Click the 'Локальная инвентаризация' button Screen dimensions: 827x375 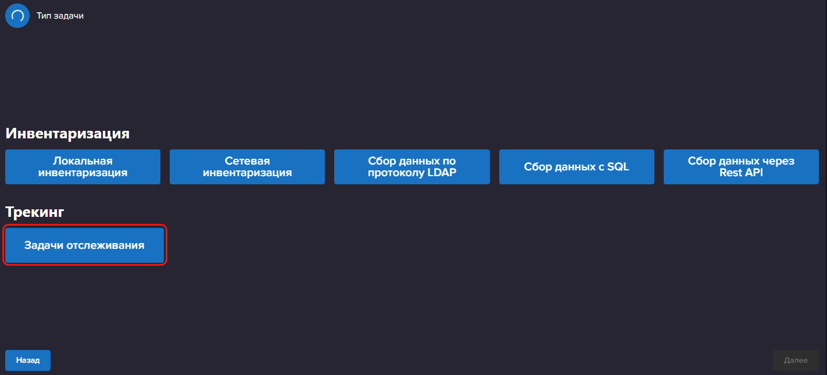[x=83, y=167]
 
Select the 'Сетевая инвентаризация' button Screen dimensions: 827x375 [x=248, y=167]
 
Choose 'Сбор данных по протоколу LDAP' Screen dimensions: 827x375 [x=412, y=167]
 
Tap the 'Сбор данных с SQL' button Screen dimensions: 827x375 [x=577, y=167]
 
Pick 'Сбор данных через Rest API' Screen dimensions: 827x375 [x=741, y=167]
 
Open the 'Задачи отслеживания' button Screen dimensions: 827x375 [x=84, y=245]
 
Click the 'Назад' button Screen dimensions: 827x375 [x=28, y=360]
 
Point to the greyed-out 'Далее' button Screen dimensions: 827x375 [x=796, y=360]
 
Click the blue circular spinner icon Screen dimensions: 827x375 [x=17, y=16]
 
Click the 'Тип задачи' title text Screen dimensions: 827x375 [x=60, y=16]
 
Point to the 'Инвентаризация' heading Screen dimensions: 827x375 [x=67, y=133]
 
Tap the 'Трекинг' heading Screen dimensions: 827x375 [x=35, y=212]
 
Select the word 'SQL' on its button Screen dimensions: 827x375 [x=618, y=167]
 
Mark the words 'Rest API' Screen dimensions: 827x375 [x=741, y=173]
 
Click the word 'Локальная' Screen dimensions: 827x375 [x=83, y=160]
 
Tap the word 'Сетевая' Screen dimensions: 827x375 [x=248, y=160]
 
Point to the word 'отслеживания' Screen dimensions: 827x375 [x=105, y=245]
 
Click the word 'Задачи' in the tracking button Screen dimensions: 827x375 [x=44, y=245]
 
